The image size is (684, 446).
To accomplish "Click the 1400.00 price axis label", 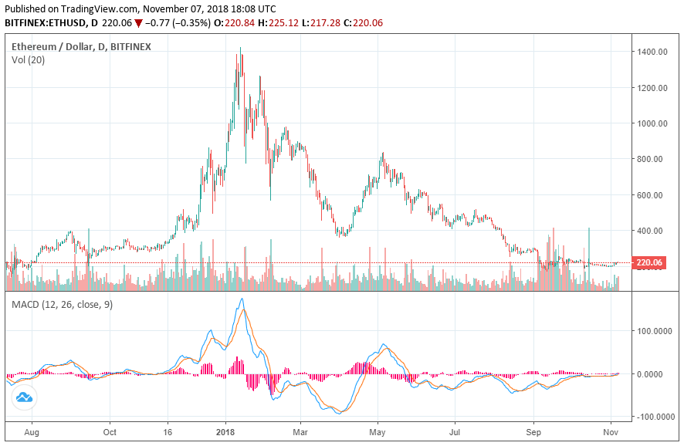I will click(x=652, y=52).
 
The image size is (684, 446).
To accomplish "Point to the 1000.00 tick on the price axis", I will click(x=652, y=123).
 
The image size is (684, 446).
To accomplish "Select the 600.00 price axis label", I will click(x=652, y=195).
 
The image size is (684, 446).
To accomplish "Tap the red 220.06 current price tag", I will click(x=649, y=263).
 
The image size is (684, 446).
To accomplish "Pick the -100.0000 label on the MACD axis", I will click(x=655, y=417).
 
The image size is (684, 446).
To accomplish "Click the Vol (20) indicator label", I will click(x=28, y=60).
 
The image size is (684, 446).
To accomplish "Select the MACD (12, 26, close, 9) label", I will click(x=62, y=305).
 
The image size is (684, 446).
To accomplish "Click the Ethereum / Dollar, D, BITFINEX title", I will click(x=81, y=46).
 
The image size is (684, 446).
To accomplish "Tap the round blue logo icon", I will click(x=24, y=397).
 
